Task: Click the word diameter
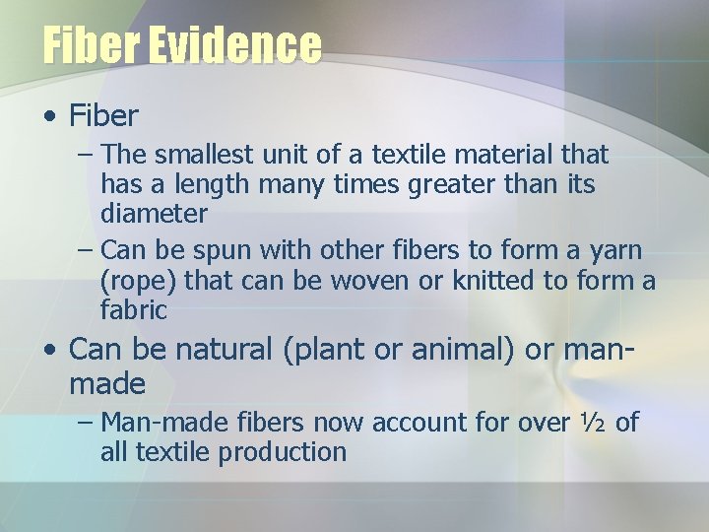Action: tap(154, 214)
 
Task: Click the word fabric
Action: tap(134, 310)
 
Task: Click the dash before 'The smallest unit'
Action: tap(86, 156)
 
